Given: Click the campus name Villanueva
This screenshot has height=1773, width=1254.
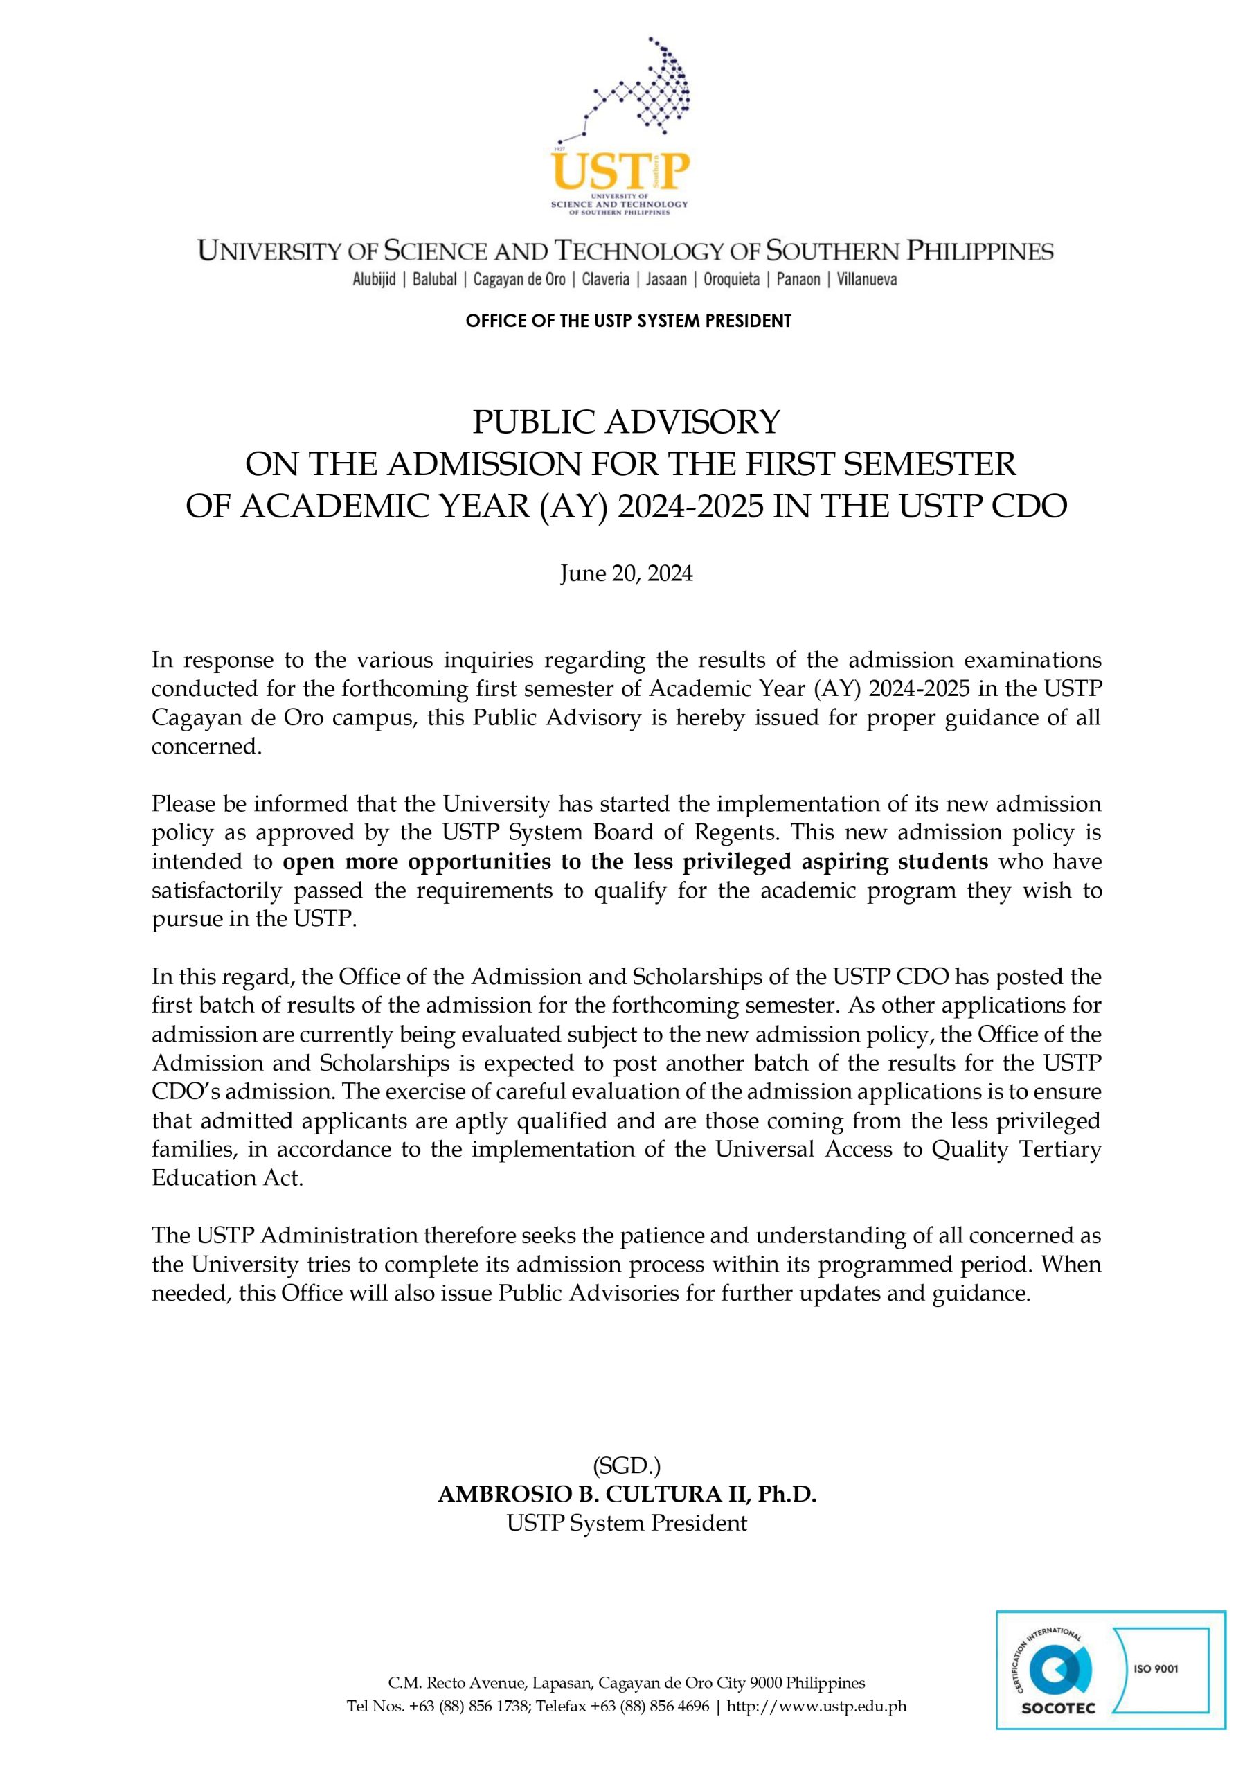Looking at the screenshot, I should pos(866,280).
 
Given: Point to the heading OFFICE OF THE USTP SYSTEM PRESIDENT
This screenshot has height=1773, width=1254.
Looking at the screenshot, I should pos(628,321).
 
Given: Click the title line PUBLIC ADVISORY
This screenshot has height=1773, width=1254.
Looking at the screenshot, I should pos(626,422).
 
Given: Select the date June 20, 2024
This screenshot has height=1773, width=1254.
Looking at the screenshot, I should pos(626,573).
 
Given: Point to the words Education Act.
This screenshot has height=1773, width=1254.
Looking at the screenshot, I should pos(227,1177).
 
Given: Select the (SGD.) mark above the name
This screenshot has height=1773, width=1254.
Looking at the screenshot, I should pos(626,1465).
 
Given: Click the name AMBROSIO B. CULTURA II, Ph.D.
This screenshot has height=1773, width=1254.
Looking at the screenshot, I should pos(626,1494).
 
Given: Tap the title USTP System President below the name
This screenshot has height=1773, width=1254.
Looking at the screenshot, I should pos(626,1523).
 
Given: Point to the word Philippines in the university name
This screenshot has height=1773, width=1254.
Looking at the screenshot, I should pos(979,251).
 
